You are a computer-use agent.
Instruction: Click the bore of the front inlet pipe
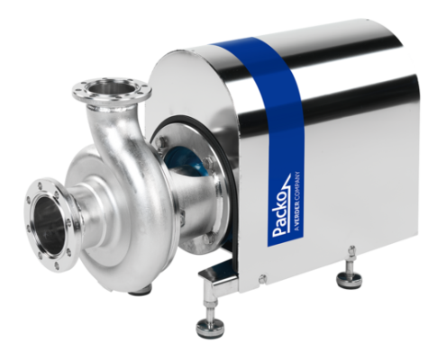coord(50,225)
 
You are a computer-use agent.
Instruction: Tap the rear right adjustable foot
coord(349,279)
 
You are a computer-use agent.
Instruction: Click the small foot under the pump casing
coord(140,290)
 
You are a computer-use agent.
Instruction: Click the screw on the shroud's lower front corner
coord(262,278)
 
